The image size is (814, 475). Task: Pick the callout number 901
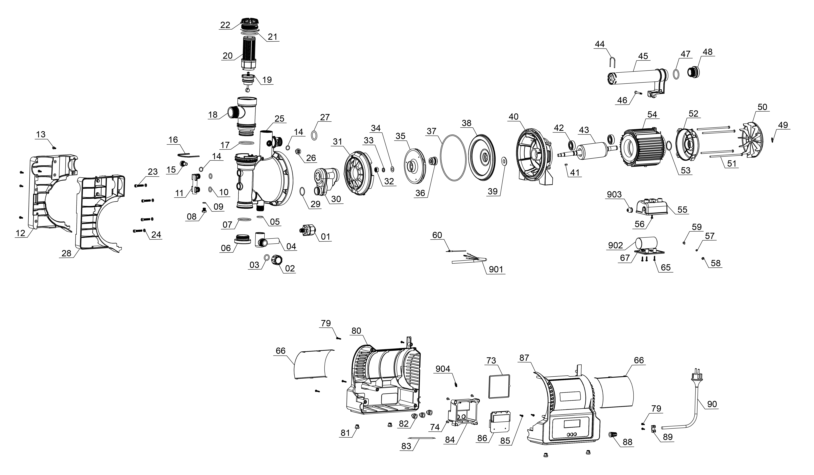(x=496, y=269)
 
